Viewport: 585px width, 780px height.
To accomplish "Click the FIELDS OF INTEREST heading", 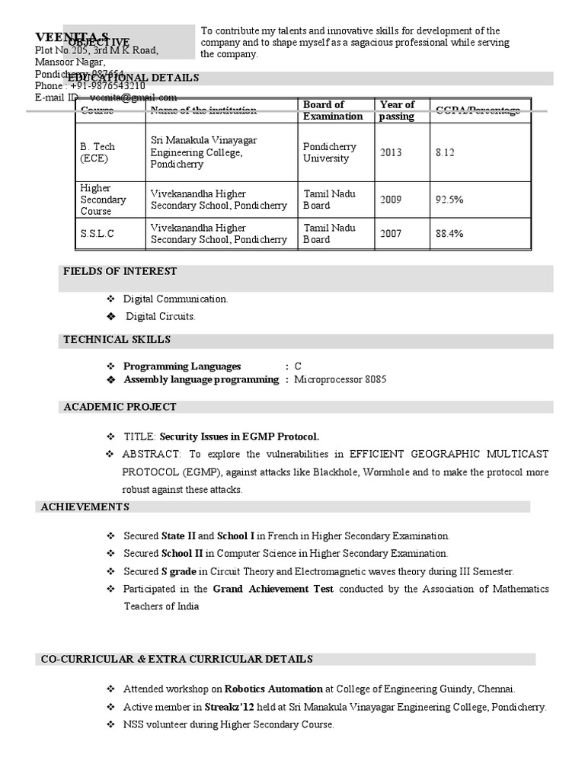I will coord(120,271).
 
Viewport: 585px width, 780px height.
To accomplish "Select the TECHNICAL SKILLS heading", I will coord(117,339).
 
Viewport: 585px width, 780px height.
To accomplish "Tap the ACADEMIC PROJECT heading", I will coord(120,407).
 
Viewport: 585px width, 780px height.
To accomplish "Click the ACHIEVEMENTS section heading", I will coord(85,507).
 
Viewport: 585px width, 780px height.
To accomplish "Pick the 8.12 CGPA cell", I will coord(445,152).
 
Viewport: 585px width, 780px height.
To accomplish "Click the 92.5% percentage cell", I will coord(449,200).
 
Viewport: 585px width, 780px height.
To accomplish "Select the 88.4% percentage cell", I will coord(449,234).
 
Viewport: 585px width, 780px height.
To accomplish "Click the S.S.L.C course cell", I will coord(97,234).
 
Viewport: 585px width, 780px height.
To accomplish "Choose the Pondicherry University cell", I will coord(329,152).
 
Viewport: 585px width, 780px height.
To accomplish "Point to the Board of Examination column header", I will coord(333,110).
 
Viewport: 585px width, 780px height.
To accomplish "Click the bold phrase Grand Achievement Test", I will coord(273,589).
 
